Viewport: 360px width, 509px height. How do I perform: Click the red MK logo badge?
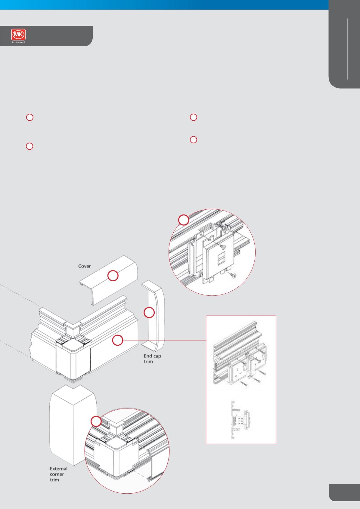pos(18,35)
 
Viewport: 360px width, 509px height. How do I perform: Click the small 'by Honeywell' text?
pos(18,42)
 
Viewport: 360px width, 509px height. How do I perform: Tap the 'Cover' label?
pos(84,266)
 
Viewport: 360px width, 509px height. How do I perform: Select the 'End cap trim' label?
pos(152,359)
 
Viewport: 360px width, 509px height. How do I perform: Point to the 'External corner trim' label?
pos(59,474)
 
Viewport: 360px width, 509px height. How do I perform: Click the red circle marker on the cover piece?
pos(113,276)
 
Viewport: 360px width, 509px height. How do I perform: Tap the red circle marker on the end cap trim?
pos(149,313)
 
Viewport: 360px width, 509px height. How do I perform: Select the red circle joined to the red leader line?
pos(118,340)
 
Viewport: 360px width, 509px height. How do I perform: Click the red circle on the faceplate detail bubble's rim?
pos(184,220)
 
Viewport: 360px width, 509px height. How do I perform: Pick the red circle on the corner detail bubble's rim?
pos(96,421)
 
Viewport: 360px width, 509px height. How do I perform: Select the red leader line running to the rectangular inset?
pos(164,340)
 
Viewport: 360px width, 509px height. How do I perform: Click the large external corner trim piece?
pos(73,425)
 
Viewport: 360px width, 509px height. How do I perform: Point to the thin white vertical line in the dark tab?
pos(348,49)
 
